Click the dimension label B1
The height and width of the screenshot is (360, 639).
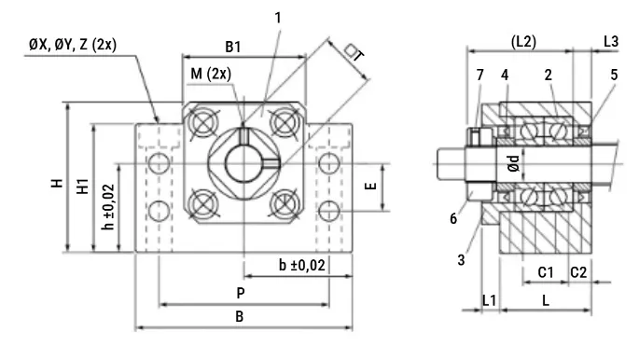click(233, 47)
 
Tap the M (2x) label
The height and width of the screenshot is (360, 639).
click(211, 74)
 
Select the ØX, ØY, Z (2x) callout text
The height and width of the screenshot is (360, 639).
click(73, 44)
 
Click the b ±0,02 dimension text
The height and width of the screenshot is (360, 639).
click(302, 265)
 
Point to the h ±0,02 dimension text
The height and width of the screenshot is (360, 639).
click(108, 207)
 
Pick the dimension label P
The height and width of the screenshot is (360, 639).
click(241, 293)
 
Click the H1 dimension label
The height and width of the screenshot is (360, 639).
click(83, 186)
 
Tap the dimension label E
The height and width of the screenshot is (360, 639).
click(371, 187)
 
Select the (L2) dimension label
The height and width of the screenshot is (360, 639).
click(523, 41)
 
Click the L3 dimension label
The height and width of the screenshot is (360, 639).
click(611, 41)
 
